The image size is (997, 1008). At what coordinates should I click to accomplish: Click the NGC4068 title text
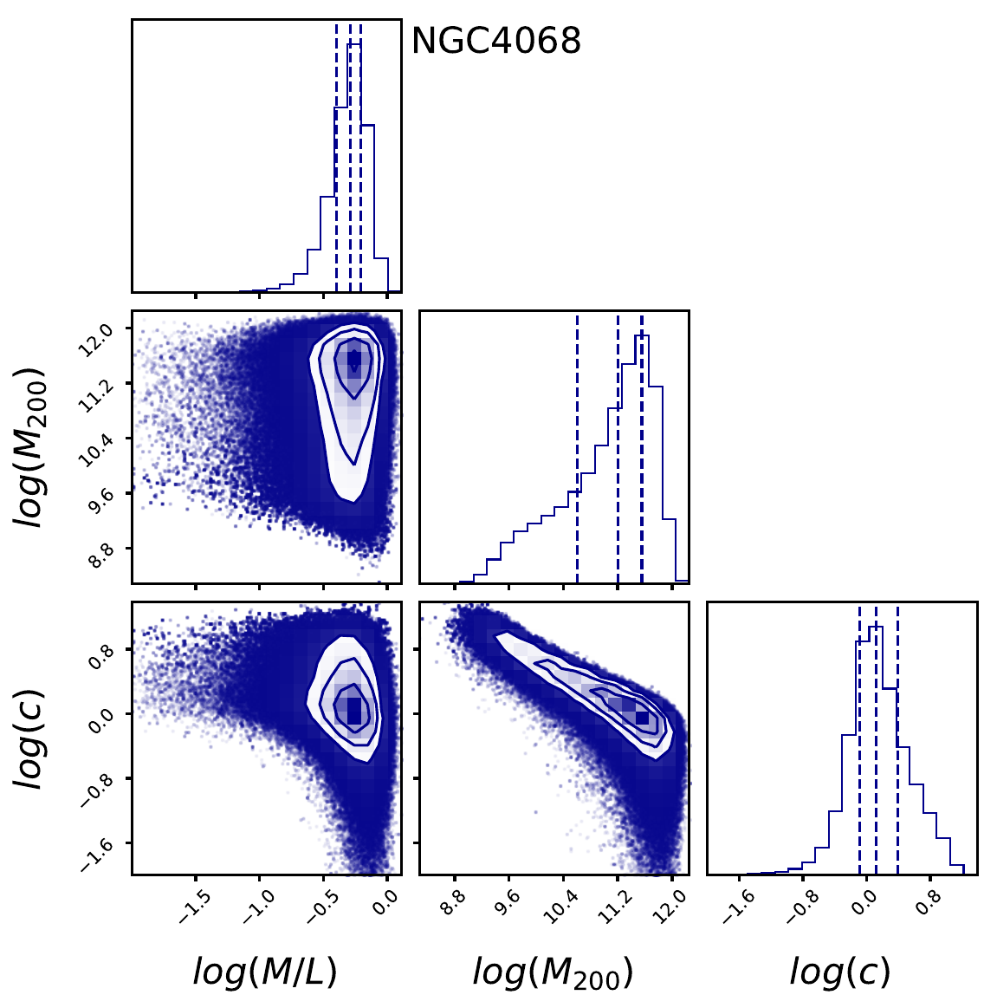coord(495,41)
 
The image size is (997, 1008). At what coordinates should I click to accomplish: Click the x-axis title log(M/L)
coord(264,972)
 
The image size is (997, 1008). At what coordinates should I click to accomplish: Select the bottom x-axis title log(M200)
coord(553,973)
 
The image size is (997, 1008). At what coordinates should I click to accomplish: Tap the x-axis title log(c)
coord(839,972)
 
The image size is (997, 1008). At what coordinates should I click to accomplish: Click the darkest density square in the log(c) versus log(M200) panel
coord(642,718)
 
